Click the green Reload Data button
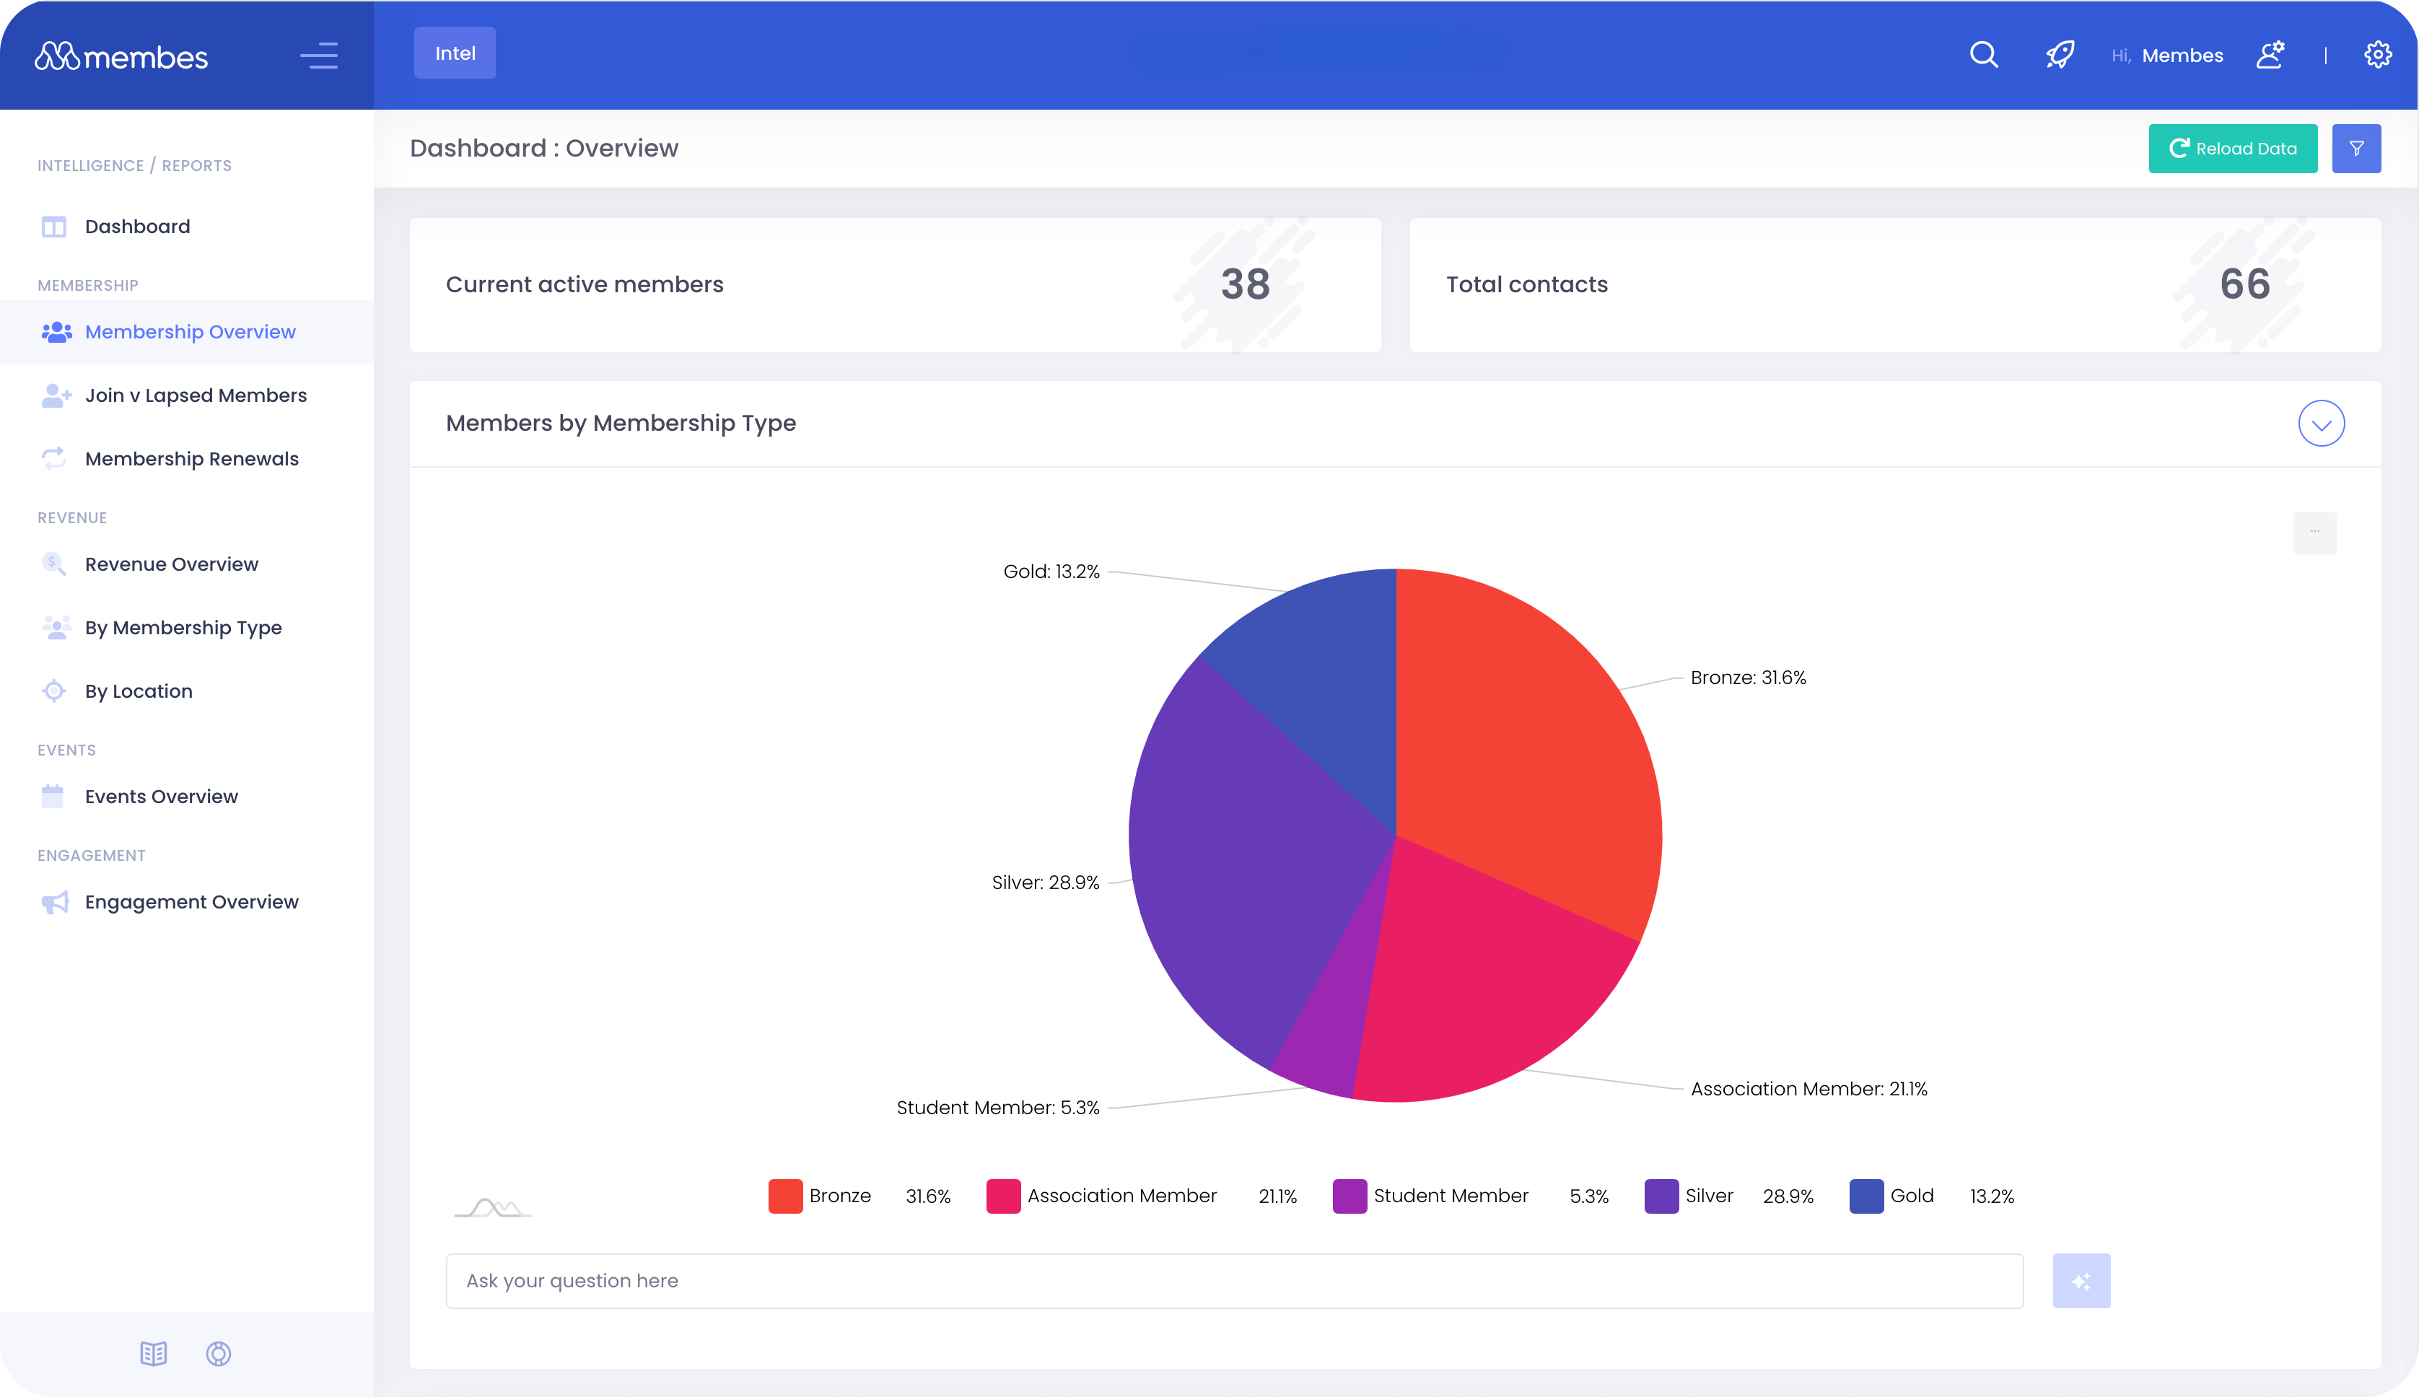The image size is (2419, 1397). pyautogui.click(x=2232, y=149)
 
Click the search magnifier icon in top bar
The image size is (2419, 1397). pyautogui.click(x=1983, y=55)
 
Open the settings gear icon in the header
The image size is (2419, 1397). pyautogui.click(x=2376, y=55)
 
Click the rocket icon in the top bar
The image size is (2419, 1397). pyautogui.click(x=2059, y=55)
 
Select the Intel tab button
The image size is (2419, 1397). pyautogui.click(x=455, y=53)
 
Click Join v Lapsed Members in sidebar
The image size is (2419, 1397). pyautogui.click(x=195, y=395)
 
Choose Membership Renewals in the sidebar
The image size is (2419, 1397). pyautogui.click(x=191, y=459)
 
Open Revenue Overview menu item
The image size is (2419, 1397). pyautogui.click(x=171, y=564)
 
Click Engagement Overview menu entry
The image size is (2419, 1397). pyautogui.click(x=191, y=902)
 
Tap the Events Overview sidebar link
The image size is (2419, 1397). pyautogui.click(x=160, y=797)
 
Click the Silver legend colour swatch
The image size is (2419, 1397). pyautogui.click(x=1661, y=1196)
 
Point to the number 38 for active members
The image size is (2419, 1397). pyautogui.click(x=1245, y=284)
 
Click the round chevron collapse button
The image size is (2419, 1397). pyautogui.click(x=2320, y=423)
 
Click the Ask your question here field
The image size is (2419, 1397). pyautogui.click(x=1233, y=1281)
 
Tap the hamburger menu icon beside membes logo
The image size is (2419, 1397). pyautogui.click(x=318, y=56)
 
